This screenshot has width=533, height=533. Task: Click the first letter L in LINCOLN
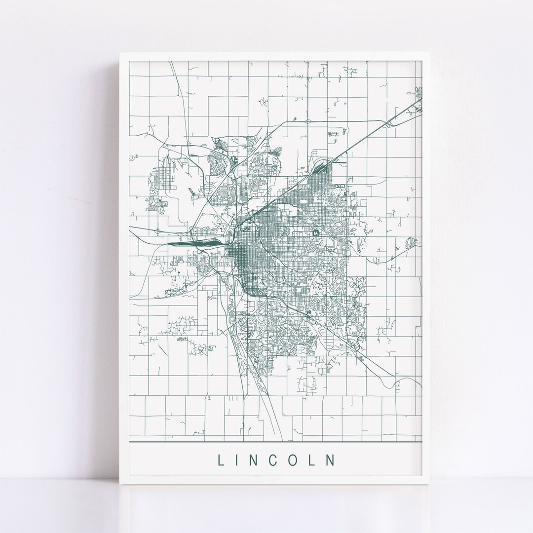coord(220,460)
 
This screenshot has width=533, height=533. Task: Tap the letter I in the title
coord(240,460)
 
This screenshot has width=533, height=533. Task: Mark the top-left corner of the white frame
coord(120,51)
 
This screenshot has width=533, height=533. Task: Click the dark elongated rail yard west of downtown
coord(192,243)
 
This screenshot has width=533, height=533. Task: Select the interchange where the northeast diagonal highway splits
coord(390,123)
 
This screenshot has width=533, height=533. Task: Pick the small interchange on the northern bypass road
coord(307,121)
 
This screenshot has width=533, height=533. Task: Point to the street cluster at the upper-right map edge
coord(419,92)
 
